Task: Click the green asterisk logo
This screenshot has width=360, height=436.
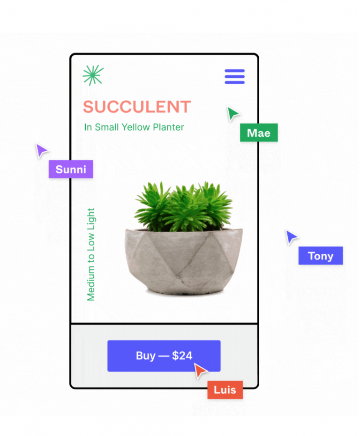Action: [93, 75]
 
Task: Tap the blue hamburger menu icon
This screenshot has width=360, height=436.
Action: [234, 76]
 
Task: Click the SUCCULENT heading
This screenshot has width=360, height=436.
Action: [137, 107]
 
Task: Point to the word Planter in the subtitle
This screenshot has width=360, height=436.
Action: [168, 127]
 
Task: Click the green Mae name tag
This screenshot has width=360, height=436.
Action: [259, 133]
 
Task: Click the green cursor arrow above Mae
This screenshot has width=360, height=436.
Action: [233, 113]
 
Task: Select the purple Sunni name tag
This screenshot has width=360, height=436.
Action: [71, 169]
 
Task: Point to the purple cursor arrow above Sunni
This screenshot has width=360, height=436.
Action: [41, 150]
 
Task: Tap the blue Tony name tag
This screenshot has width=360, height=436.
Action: [321, 256]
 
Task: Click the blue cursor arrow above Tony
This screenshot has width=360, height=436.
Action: [291, 237]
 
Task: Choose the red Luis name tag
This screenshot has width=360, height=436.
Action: [225, 390]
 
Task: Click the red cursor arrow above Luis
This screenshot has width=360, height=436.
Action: [200, 370]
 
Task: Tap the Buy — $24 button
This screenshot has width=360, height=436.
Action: [164, 356]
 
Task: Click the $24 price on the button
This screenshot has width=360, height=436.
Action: [182, 355]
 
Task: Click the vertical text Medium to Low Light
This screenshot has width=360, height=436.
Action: [91, 254]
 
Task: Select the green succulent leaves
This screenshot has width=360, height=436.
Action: [184, 207]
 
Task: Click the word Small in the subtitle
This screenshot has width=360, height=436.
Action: [107, 127]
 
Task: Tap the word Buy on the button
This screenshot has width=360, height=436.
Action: [146, 356]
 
